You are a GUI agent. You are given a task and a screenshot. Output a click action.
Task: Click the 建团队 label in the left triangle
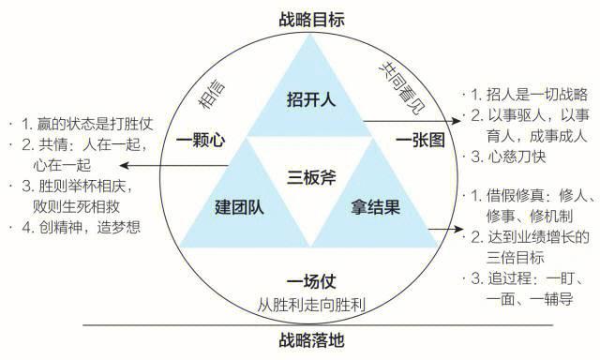pos(240,205)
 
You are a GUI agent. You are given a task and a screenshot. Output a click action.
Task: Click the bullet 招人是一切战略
pos(531,94)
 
